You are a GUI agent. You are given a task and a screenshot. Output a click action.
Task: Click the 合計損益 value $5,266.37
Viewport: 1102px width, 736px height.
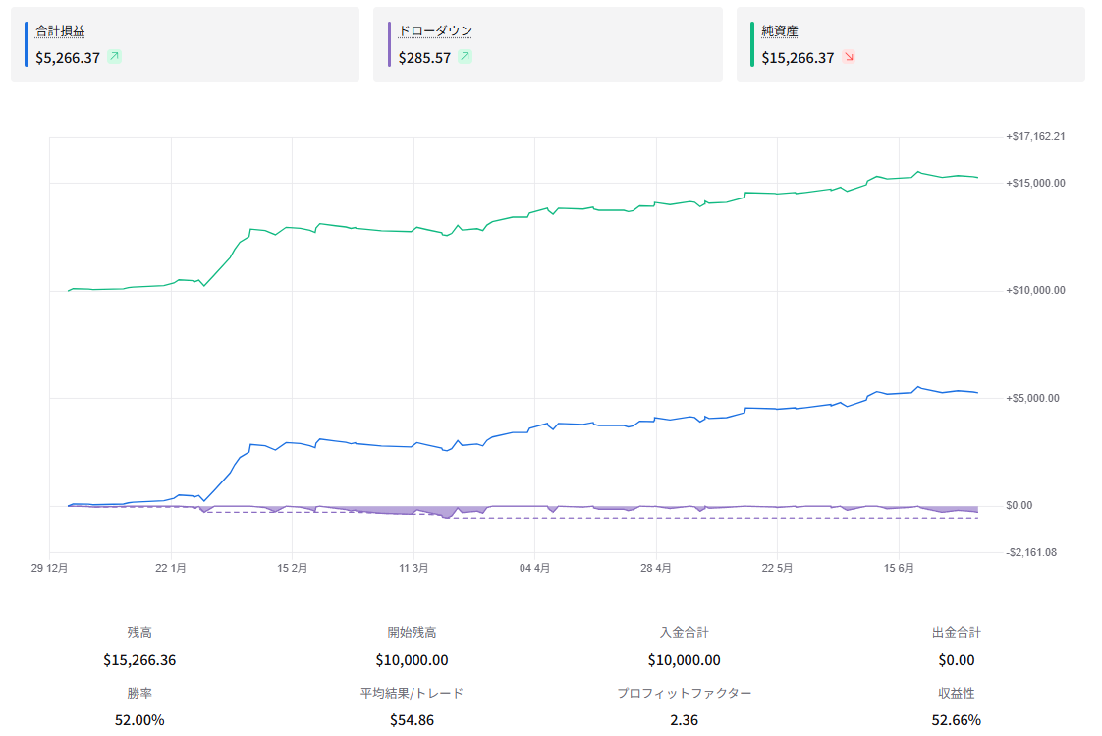pyautogui.click(x=68, y=58)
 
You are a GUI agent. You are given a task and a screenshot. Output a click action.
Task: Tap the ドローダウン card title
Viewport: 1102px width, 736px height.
pyautogui.click(x=435, y=30)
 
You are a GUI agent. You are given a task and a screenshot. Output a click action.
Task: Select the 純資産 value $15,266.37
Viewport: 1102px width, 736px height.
pyautogui.click(x=798, y=58)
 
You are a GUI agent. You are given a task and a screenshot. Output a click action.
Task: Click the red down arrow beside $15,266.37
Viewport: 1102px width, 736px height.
pyautogui.click(x=849, y=57)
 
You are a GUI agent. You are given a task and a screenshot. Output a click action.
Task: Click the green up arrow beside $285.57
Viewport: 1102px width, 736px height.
pyautogui.click(x=465, y=57)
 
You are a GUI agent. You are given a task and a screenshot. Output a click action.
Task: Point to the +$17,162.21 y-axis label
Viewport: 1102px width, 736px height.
pyautogui.click(x=1035, y=136)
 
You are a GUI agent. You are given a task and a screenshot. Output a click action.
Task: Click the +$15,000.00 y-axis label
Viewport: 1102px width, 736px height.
pyautogui.click(x=1035, y=183)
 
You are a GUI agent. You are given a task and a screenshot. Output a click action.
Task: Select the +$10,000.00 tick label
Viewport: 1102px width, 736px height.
pyautogui.click(x=1035, y=290)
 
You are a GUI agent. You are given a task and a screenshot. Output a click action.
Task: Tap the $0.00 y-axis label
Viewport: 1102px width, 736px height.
pyautogui.click(x=1019, y=505)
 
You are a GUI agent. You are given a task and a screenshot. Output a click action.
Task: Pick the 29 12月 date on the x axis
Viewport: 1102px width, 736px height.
pyautogui.click(x=49, y=568)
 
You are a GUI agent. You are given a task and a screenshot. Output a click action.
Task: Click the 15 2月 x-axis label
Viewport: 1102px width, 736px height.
pyautogui.click(x=292, y=568)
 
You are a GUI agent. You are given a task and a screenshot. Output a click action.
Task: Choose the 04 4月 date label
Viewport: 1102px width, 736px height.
pyautogui.click(x=534, y=568)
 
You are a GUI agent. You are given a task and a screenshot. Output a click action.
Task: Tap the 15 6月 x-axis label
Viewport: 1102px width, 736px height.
pyautogui.click(x=898, y=568)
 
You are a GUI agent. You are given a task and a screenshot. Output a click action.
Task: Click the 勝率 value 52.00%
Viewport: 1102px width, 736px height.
pyautogui.click(x=139, y=720)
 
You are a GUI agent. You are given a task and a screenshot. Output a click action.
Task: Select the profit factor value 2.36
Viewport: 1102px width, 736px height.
pyautogui.click(x=684, y=720)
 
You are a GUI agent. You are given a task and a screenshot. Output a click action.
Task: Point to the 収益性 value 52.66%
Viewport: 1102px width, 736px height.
pyautogui.click(x=956, y=720)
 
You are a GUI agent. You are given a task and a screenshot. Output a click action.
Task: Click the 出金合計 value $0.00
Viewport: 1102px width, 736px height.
pyautogui.click(x=956, y=660)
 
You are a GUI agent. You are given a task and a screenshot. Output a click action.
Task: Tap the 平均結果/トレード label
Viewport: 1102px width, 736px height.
pyautogui.click(x=412, y=693)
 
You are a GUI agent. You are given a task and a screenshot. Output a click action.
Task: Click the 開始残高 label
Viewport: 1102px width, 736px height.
pyautogui.click(x=412, y=633)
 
